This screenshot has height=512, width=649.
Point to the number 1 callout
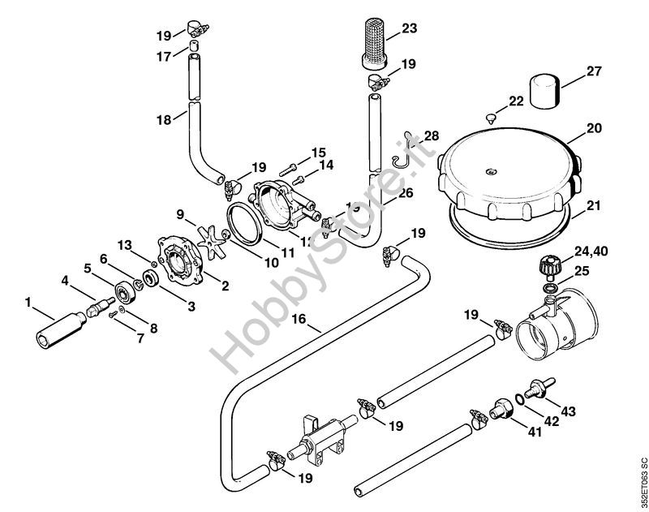point(28,303)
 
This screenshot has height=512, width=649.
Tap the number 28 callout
point(431,135)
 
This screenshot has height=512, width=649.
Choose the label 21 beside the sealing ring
point(594,205)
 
